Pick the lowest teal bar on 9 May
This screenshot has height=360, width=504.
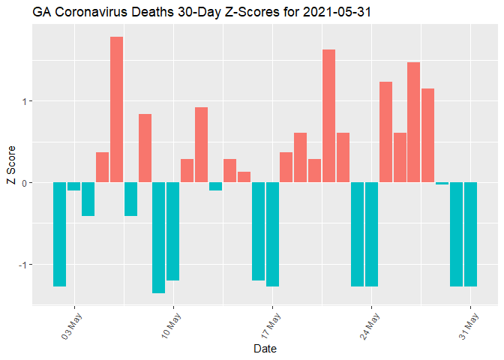coord(158,237)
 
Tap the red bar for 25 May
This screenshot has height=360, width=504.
coord(385,132)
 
